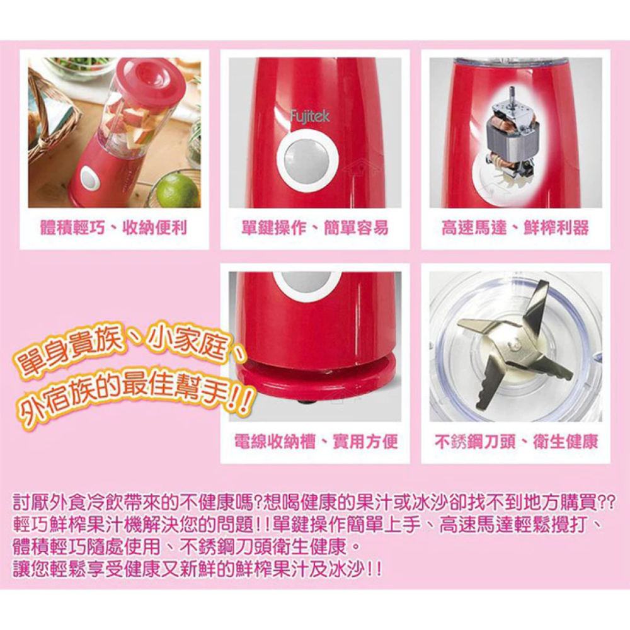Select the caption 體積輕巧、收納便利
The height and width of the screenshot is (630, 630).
[x=113, y=228]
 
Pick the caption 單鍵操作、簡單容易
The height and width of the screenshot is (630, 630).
[x=314, y=228]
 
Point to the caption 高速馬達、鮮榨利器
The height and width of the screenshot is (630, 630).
[x=515, y=228]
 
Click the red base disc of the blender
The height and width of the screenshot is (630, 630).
[x=315, y=384]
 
